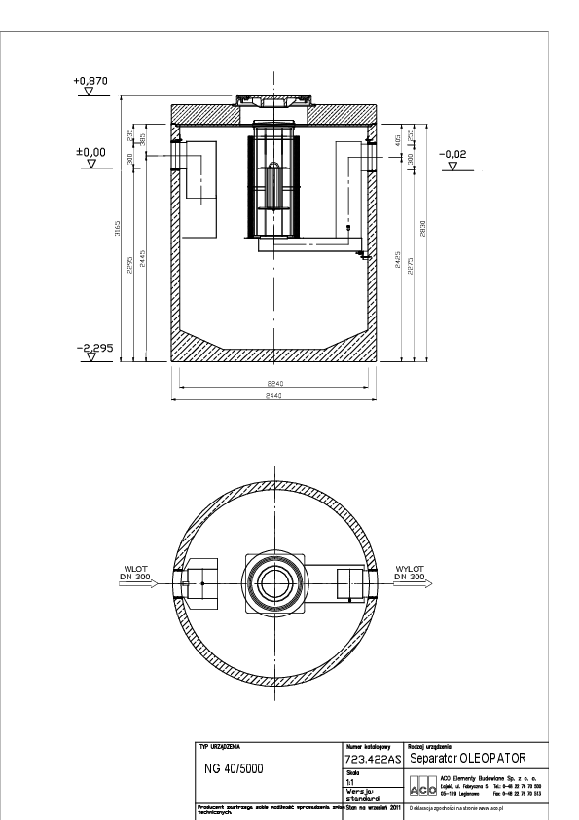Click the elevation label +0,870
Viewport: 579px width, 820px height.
90,82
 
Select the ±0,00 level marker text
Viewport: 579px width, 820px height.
90,153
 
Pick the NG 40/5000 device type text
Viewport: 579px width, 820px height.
233,767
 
